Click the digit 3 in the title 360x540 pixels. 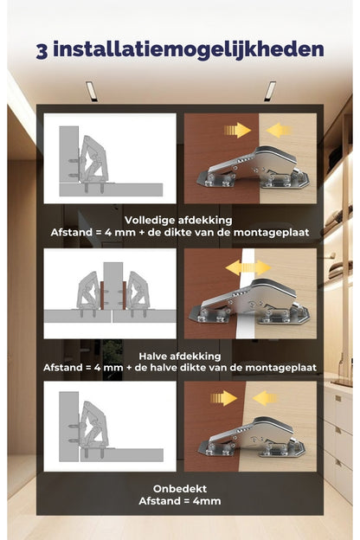(x=42, y=51)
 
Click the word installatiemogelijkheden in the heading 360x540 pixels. (x=189, y=50)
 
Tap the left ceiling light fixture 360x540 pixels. (x=92, y=91)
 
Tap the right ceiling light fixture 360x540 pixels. (x=270, y=91)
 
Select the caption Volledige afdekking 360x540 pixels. (x=178, y=220)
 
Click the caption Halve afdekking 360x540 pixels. (x=180, y=356)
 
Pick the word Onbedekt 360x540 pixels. (x=180, y=489)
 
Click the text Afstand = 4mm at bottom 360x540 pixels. (x=180, y=501)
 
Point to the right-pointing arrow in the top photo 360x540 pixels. (x=237, y=130)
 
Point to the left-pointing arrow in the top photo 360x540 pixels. (x=279, y=131)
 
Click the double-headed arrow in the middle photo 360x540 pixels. (x=248, y=267)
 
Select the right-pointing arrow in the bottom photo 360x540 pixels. (x=224, y=398)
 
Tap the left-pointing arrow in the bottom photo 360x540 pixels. (x=265, y=398)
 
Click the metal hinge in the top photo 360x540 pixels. (x=253, y=168)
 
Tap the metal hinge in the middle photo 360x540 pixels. (x=248, y=302)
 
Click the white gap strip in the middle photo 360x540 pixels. (x=245, y=293)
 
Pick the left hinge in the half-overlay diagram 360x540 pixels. (x=88, y=292)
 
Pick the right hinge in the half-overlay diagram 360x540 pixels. (x=138, y=292)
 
